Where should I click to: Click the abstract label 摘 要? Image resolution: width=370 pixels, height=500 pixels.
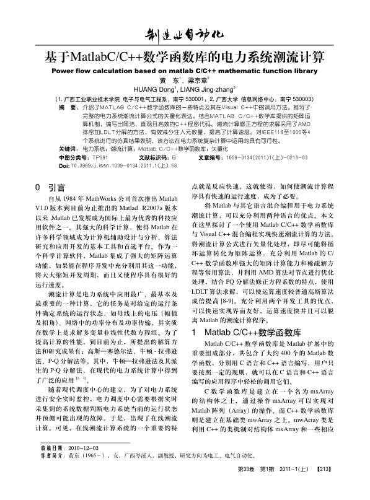point(66,107)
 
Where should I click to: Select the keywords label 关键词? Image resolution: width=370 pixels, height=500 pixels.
point(68,149)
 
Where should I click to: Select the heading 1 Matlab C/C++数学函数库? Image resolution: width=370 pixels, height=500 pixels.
point(239,333)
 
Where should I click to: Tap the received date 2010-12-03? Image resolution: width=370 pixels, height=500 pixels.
point(84,463)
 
